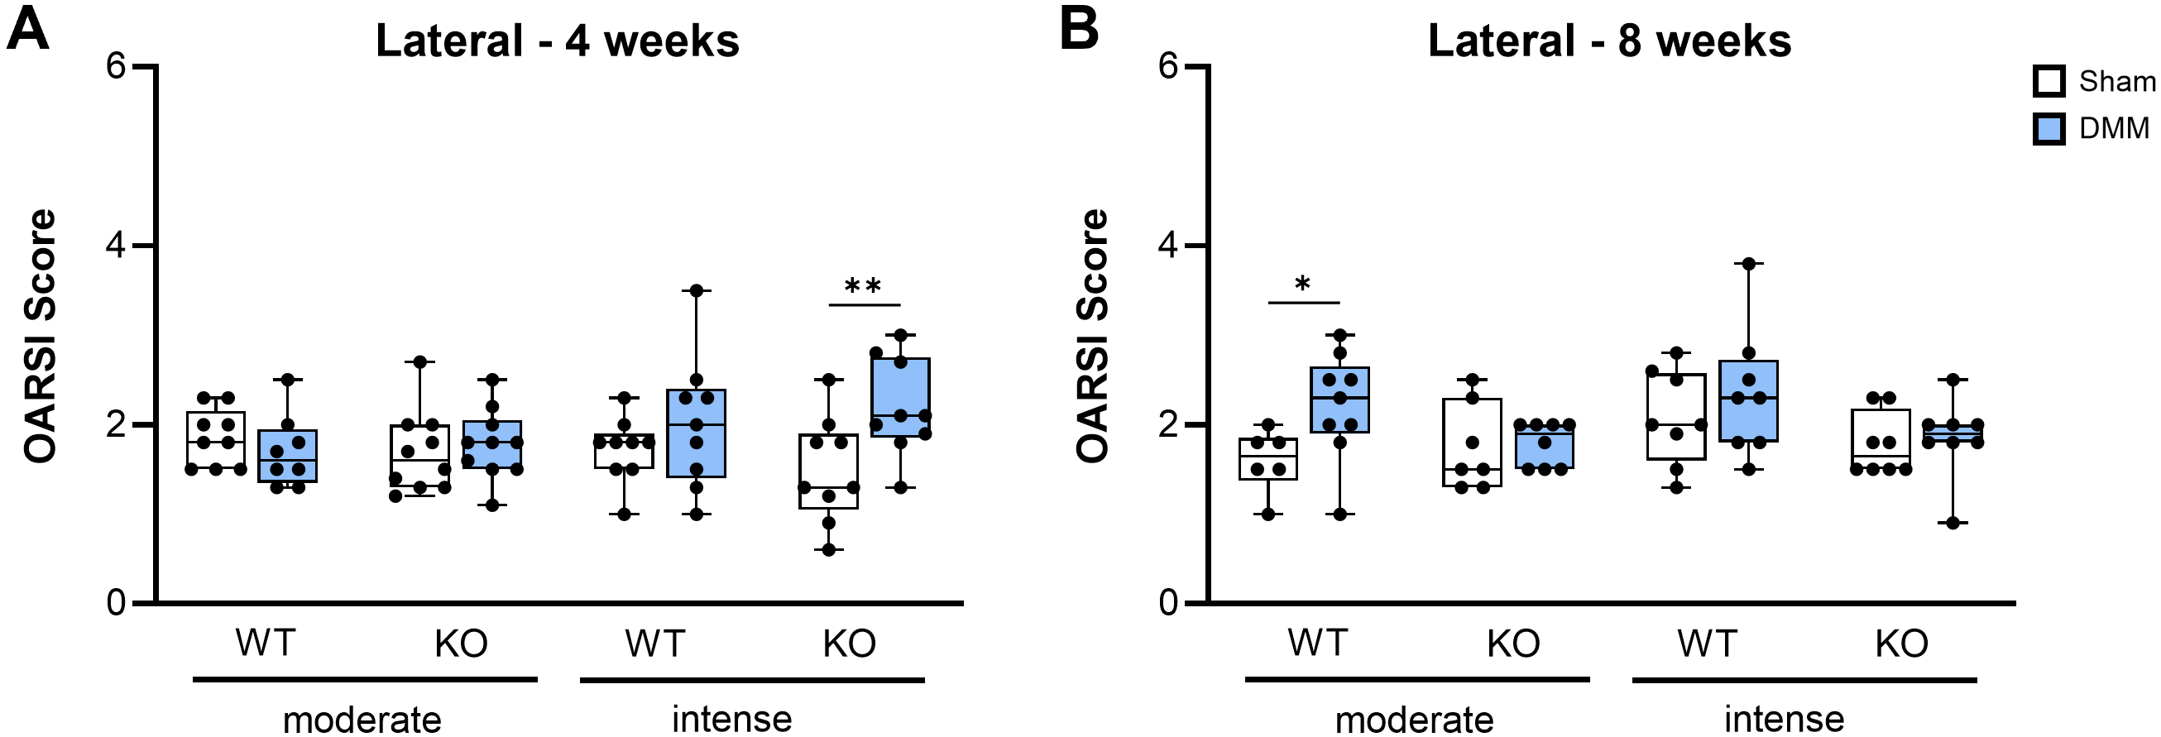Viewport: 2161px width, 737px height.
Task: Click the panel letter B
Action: pyautogui.click(x=1079, y=31)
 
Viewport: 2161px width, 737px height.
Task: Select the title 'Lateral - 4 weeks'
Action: pyautogui.click(x=557, y=41)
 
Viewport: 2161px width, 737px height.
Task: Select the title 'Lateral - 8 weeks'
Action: pyautogui.click(x=1609, y=41)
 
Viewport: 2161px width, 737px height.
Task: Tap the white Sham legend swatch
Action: pyautogui.click(x=2048, y=82)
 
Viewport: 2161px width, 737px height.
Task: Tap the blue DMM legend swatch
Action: pyautogui.click(x=2048, y=129)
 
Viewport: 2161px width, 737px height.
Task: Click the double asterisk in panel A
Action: pyautogui.click(x=863, y=286)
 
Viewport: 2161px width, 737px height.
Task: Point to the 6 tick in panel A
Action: pyautogui.click(x=116, y=66)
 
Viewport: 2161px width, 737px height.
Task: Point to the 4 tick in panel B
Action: pyautogui.click(x=1167, y=246)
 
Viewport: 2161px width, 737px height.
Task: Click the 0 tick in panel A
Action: pyautogui.click(x=116, y=603)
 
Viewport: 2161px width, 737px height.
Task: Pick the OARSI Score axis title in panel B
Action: pyautogui.click(x=1091, y=335)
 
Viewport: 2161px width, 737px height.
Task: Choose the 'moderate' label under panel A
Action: pyautogui.click(x=362, y=720)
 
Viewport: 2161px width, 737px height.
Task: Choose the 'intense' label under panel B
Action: pyautogui.click(x=1785, y=719)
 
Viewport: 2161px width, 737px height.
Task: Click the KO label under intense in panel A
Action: pyautogui.click(x=849, y=644)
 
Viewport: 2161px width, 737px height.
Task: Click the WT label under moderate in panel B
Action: pyautogui.click(x=1318, y=644)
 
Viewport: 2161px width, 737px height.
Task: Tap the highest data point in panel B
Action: pyautogui.click(x=1748, y=263)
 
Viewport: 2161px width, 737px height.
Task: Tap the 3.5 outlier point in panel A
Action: pyautogui.click(x=697, y=290)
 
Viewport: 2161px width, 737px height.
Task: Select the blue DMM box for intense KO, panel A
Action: pyautogui.click(x=900, y=397)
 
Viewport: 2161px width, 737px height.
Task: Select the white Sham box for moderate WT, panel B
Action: pyautogui.click(x=1268, y=458)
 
